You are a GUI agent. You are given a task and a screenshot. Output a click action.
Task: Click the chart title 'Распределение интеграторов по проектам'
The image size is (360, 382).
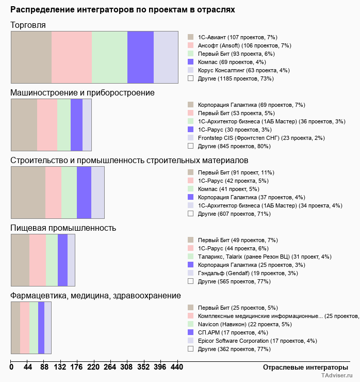point(122,10)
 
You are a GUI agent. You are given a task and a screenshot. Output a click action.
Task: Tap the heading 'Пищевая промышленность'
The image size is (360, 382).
point(63,228)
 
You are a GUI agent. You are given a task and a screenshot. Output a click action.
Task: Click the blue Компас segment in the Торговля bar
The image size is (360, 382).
point(140,57)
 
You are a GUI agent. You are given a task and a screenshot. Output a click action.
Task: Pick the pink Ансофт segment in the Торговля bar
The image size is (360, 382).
point(72,57)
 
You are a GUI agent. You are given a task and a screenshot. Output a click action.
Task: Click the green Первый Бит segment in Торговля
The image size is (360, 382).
point(109,57)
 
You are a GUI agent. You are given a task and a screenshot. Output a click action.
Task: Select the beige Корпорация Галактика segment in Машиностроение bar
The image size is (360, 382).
point(24,125)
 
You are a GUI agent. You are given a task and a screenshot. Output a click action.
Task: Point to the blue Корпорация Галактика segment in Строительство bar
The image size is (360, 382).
point(84,193)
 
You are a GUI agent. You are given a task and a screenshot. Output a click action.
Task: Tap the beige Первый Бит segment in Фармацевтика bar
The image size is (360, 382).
point(15,328)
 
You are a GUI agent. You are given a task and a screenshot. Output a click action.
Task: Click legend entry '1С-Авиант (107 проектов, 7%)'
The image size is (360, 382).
point(238,38)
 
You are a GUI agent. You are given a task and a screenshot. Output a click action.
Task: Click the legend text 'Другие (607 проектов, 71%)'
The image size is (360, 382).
point(234,214)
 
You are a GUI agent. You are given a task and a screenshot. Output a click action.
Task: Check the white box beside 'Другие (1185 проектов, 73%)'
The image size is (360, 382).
point(190,78)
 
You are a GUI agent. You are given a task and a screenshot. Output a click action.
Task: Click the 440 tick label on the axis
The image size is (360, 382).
point(176,367)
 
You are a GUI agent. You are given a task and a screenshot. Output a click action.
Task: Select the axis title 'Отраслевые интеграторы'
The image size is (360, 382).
point(302,367)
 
